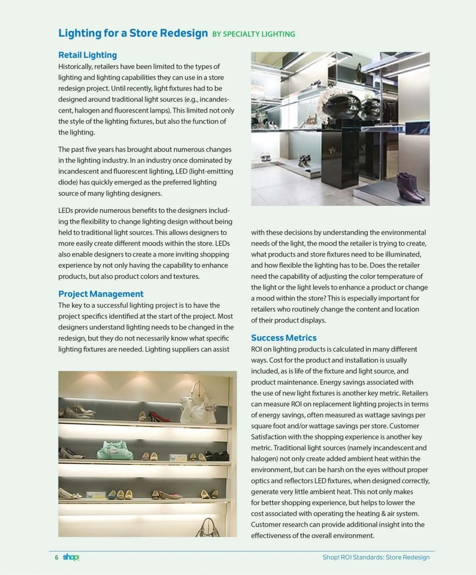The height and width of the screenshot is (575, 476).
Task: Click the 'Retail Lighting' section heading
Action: pos(87,55)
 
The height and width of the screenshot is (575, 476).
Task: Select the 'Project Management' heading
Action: pos(101,294)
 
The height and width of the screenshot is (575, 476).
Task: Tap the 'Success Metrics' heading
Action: pos(284,338)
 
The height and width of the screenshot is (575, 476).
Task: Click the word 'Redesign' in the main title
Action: pos(184,33)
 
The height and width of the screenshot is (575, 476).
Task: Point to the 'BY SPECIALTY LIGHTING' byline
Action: pos(253,34)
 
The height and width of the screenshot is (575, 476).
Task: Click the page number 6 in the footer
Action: pos(56,557)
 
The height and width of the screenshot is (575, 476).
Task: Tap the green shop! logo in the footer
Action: pos(71,557)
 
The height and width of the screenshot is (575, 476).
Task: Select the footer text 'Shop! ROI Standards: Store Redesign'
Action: pos(376,557)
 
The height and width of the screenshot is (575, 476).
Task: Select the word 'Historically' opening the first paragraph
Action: pos(75,67)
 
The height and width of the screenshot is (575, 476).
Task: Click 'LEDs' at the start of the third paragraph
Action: pos(65,211)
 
